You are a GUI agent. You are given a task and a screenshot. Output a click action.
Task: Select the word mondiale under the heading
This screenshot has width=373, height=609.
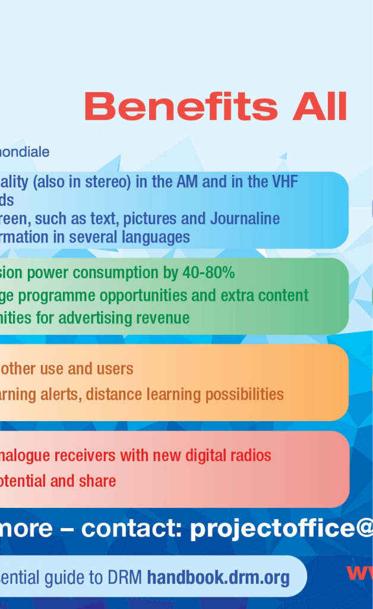tap(25, 152)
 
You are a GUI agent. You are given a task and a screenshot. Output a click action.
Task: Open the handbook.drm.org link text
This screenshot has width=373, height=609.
tap(218, 577)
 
